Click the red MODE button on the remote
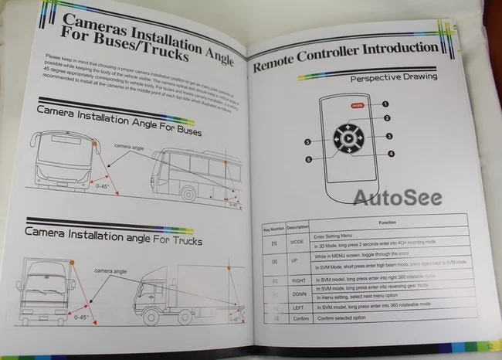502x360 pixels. point(357,104)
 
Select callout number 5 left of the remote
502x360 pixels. point(307,142)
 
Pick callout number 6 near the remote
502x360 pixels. point(309,160)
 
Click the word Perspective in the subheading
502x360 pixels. point(378,78)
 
